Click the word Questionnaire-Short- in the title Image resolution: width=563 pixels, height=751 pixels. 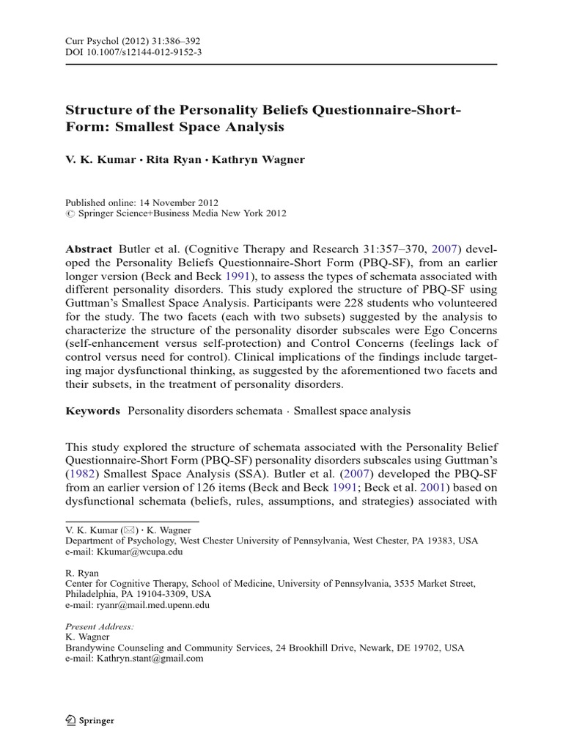point(388,110)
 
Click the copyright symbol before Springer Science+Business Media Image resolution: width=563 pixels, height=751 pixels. point(70,213)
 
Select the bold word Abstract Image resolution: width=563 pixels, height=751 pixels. point(89,249)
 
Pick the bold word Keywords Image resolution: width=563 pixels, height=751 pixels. point(92,411)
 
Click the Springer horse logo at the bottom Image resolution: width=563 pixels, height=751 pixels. point(71,720)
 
